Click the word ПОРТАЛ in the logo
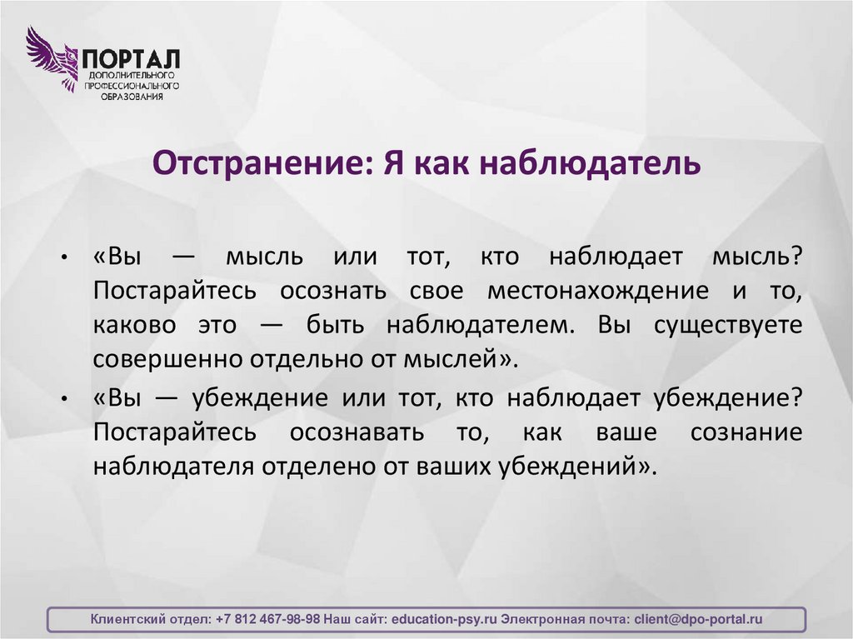[131, 59]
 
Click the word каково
[134, 325]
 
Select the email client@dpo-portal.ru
[698, 620]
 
